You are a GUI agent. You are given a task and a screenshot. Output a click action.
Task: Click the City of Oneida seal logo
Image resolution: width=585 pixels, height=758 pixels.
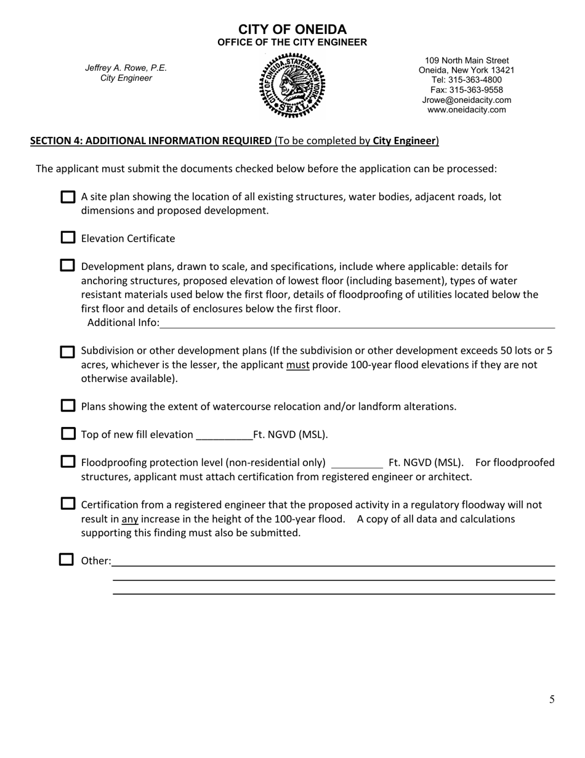coord(292,86)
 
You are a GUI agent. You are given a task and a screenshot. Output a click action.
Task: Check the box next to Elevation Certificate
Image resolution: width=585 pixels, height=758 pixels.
coord(68,238)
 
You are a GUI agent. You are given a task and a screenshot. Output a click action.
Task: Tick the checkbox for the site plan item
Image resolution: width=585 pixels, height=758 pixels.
coord(68,197)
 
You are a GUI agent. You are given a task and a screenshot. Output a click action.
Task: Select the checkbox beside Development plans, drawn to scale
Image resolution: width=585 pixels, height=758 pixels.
coord(67,266)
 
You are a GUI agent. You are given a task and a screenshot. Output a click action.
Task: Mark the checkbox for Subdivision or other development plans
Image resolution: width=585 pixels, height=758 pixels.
coord(67,351)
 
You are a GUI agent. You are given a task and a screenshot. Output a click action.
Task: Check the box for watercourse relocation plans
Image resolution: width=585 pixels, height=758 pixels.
coord(68,406)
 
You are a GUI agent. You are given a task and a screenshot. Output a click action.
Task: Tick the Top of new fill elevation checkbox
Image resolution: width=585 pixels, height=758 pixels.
coord(68,434)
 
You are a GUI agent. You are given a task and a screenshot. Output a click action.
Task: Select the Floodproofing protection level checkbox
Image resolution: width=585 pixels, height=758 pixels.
coord(68,462)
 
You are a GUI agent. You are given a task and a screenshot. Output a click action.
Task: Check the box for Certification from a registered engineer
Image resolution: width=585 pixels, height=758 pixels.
coord(68,503)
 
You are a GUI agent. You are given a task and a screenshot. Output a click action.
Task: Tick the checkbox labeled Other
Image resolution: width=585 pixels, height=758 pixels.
coord(67,560)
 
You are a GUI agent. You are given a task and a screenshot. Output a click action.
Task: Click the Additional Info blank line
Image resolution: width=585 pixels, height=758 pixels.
coord(357,323)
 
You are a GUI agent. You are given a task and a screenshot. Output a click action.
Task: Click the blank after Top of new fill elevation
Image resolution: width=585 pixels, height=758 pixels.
coord(224,435)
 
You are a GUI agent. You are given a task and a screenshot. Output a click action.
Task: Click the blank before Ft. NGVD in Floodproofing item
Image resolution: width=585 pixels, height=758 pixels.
coord(357,463)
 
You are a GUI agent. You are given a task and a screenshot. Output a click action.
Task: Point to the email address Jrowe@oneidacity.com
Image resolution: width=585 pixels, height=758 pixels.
coord(466,100)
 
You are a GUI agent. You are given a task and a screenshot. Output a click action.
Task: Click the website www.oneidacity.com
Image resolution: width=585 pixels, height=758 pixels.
coord(466,110)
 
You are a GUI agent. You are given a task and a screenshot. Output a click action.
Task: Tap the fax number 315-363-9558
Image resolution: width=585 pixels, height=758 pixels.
coord(466,90)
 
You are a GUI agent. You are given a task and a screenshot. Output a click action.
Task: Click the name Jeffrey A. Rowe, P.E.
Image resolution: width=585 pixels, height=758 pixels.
coord(126,68)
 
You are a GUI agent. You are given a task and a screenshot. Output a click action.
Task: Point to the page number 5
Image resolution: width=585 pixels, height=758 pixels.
coord(552,699)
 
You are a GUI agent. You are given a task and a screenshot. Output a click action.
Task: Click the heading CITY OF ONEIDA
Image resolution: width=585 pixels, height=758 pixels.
coord(292,30)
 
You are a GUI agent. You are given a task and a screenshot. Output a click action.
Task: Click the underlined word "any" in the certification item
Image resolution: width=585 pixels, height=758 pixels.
coord(130,519)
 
